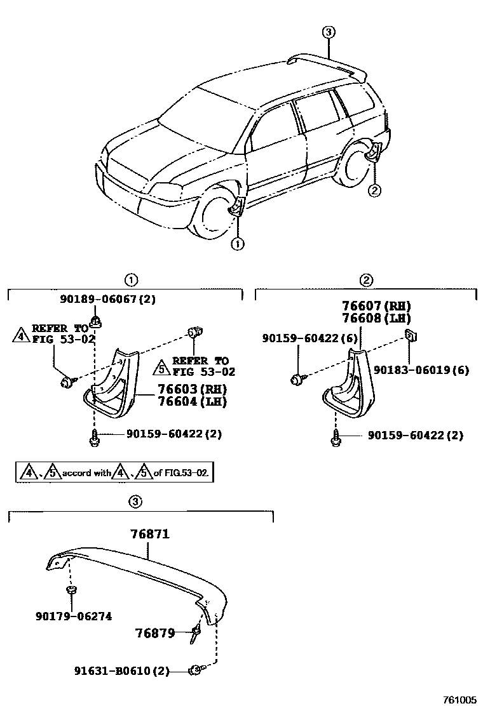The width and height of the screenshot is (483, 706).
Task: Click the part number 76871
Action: (150, 535)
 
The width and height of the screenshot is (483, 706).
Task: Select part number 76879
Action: (154, 633)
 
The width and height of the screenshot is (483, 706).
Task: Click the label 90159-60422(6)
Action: (302, 339)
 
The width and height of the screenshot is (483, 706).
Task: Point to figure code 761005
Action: (459, 699)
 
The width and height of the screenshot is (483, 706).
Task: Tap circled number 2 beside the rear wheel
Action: (375, 189)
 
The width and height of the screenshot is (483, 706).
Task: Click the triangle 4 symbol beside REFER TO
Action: (20, 335)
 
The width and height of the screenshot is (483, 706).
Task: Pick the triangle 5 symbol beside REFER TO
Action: (162, 366)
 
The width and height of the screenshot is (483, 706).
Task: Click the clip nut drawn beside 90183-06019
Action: (411, 336)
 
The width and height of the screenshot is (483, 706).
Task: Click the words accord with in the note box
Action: (86, 473)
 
